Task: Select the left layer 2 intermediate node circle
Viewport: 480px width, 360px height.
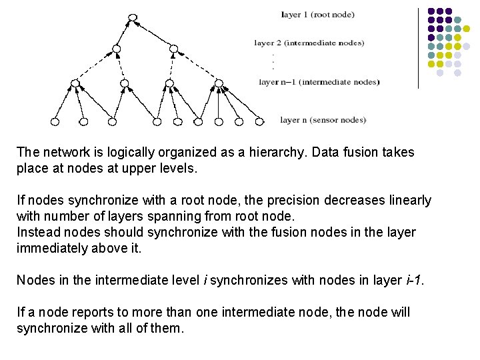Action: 117,49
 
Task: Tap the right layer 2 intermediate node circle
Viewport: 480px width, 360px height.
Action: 174,49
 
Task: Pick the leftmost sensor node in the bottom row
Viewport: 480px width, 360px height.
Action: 55,121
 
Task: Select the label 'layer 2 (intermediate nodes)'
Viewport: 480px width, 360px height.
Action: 309,43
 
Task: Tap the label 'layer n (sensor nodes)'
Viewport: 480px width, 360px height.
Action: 323,120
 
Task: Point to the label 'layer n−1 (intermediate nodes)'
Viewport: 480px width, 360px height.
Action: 319,82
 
